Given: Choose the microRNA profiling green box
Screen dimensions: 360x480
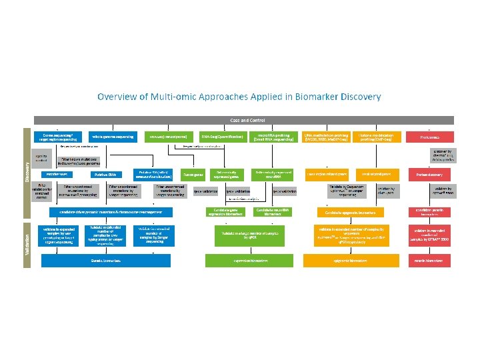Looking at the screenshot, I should (x=273, y=136).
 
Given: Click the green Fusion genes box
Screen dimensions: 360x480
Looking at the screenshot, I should (x=194, y=174).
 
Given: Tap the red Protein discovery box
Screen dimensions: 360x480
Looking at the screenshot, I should (x=430, y=174).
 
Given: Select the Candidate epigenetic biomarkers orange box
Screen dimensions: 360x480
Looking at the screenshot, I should (x=350, y=212).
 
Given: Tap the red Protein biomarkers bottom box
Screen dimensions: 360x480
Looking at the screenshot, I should (x=430, y=260).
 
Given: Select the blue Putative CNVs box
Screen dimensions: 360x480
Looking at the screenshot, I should (x=105, y=174).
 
